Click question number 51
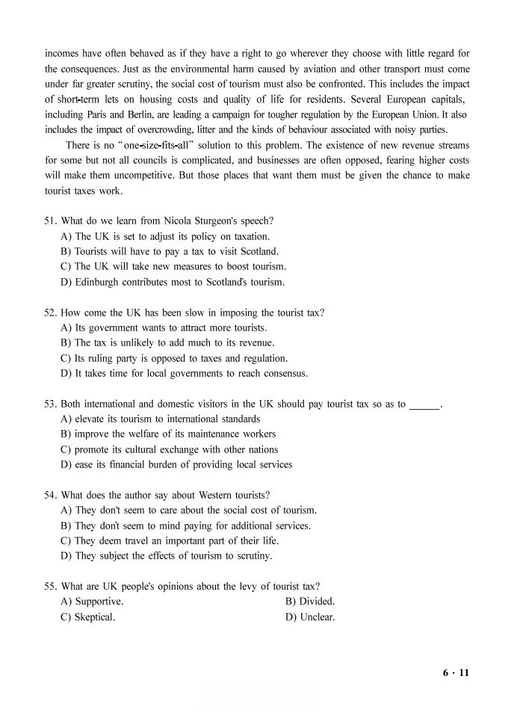(x=50, y=221)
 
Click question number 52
(x=50, y=313)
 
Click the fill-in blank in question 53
(x=424, y=405)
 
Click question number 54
(x=50, y=495)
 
